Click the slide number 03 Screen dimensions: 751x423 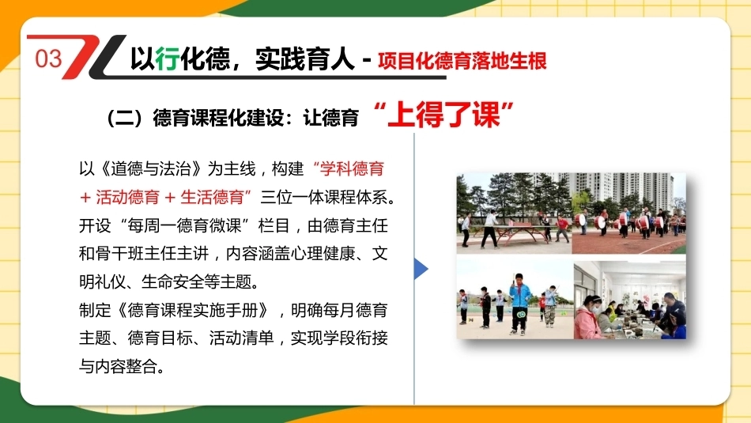pos(48,59)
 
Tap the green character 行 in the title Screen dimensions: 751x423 pos(168,59)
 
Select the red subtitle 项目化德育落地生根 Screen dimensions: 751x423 pos(462,62)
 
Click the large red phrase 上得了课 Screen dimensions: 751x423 pos(444,115)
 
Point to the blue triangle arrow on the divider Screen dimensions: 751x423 pos(421,269)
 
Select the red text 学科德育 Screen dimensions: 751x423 pos(352,168)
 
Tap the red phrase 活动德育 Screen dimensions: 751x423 pos(127,197)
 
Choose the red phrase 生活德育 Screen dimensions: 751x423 pos(212,197)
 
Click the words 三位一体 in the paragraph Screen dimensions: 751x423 pos(292,197)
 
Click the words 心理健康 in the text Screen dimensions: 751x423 pos(323,254)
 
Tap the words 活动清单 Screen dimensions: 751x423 pos(241,338)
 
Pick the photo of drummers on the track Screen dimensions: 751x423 pos(629,213)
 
